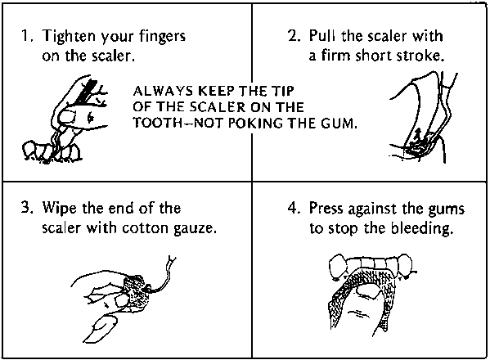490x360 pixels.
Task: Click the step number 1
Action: pyautogui.click(x=26, y=36)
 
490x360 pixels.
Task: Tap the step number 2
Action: pyautogui.click(x=294, y=36)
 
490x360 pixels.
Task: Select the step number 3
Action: pyautogui.click(x=26, y=208)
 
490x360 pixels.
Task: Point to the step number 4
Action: pyautogui.click(x=294, y=208)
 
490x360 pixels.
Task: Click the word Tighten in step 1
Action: pyautogui.click(x=69, y=37)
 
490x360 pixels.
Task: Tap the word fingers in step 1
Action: pyautogui.click(x=163, y=37)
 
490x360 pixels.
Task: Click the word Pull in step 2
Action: pyautogui.click(x=321, y=36)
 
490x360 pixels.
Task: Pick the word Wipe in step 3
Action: pyautogui.click(x=59, y=209)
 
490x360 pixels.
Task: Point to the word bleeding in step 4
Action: pyautogui.click(x=422, y=229)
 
